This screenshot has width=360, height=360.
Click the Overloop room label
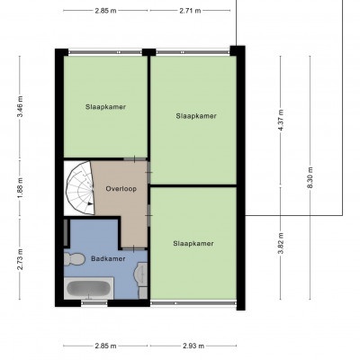point(121,189)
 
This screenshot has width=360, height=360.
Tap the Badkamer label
point(108,258)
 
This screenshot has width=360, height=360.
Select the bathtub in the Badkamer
point(89,288)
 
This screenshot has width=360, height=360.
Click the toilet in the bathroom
point(74,259)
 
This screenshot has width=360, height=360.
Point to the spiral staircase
point(80,188)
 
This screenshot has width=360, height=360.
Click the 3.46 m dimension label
point(20,107)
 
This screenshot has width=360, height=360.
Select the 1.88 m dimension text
point(20,188)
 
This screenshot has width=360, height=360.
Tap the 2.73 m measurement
point(20,259)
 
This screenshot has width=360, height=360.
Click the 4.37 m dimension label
point(281,120)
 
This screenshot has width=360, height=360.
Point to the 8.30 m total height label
point(310,177)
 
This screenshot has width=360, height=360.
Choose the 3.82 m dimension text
point(281,243)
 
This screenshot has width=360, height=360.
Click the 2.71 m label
point(190,11)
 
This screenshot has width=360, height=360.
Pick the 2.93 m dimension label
point(193,346)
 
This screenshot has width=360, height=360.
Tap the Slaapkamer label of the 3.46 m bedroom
point(105,107)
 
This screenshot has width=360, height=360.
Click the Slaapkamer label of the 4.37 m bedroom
point(196,116)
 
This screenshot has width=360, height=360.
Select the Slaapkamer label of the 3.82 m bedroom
point(193,243)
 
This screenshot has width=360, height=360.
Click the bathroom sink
point(142,274)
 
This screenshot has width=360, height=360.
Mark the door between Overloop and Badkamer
point(134,248)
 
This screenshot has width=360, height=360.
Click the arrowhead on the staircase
point(89,203)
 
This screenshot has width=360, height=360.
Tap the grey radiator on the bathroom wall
point(66,232)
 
